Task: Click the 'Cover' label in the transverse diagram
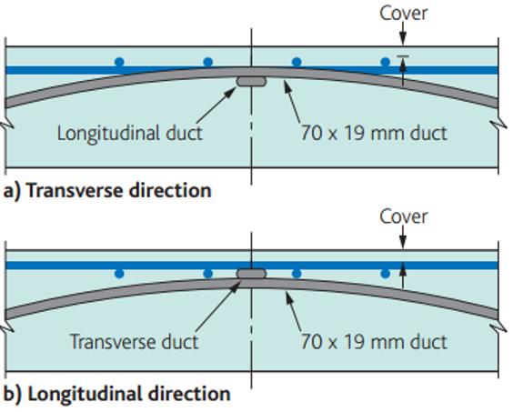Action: coord(404,14)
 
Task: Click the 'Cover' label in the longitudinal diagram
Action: coord(404,217)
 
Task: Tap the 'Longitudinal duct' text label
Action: coord(130,134)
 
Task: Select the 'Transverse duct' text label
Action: coord(134,342)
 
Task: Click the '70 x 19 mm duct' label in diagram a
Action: coord(374,133)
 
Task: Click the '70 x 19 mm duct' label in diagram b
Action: coord(374,342)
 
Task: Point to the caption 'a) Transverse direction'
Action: coord(107,190)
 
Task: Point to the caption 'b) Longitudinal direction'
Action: coord(116,394)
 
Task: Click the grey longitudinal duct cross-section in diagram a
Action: coord(251,82)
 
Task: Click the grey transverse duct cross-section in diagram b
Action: coord(251,273)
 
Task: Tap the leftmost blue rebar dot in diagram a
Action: coord(119,62)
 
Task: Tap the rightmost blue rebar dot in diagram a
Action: coord(386,62)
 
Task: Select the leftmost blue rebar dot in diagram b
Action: coord(119,274)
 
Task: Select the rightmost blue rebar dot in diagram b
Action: coord(386,274)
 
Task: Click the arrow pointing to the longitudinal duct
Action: coord(216,105)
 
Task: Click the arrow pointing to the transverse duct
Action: coord(218,306)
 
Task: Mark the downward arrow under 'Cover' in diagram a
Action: coord(403,35)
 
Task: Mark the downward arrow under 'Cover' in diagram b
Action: coord(403,237)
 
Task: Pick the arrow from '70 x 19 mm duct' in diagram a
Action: coord(292,101)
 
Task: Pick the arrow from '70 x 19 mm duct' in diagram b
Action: coord(294,311)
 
